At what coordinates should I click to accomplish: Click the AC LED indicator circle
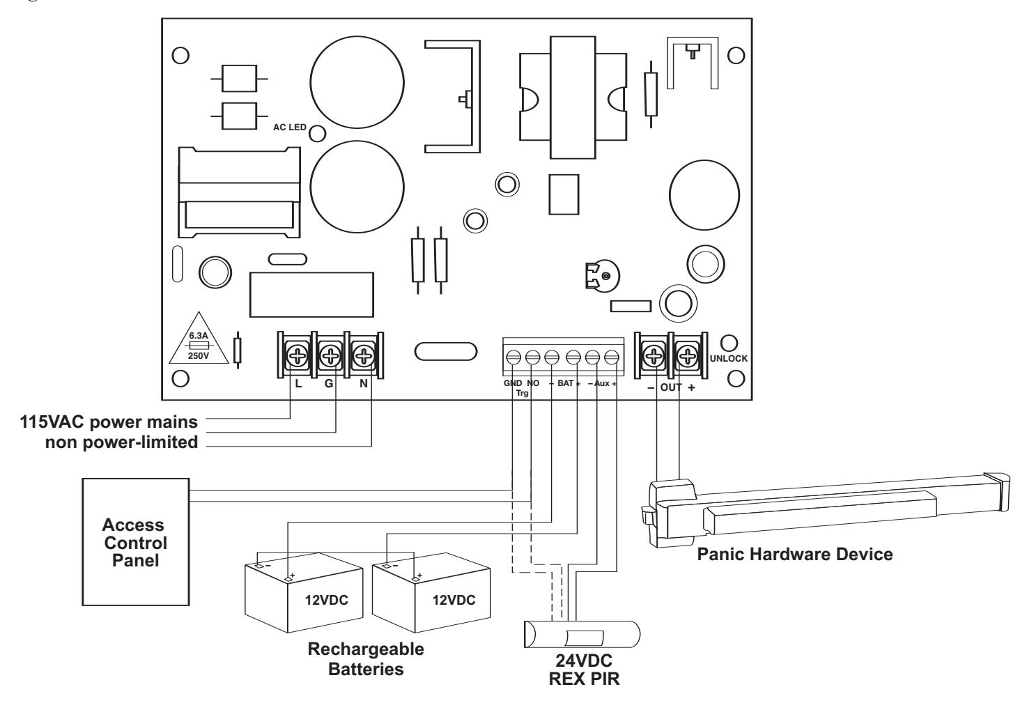(x=317, y=134)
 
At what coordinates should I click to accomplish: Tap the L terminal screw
(x=298, y=355)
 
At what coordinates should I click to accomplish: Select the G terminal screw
(x=330, y=355)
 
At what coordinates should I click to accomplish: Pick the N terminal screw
(x=364, y=355)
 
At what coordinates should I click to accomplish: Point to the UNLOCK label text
(x=729, y=359)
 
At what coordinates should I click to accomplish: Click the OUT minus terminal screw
(x=654, y=356)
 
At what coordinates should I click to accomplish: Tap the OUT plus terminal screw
(x=687, y=356)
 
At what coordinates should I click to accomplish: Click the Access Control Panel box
(x=136, y=542)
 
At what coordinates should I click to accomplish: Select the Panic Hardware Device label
(x=795, y=555)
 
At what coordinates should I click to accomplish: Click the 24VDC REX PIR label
(x=584, y=670)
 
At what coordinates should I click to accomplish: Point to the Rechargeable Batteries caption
(x=366, y=659)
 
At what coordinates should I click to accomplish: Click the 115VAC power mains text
(x=109, y=422)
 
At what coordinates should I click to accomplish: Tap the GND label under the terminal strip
(x=513, y=383)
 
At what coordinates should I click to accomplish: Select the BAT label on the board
(x=565, y=383)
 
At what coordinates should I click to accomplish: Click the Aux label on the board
(x=601, y=383)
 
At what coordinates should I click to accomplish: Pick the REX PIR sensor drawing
(x=582, y=634)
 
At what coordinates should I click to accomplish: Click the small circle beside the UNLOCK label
(x=729, y=343)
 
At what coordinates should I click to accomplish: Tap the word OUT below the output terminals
(x=671, y=387)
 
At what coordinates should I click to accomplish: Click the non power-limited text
(x=121, y=442)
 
